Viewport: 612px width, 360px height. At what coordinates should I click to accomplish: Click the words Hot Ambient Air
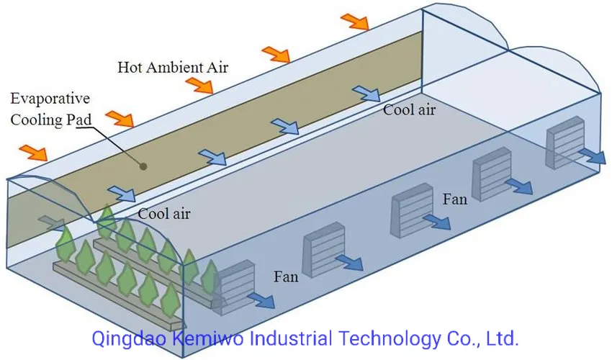[x=173, y=68]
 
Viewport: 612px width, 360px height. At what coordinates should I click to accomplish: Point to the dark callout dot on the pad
[x=144, y=166]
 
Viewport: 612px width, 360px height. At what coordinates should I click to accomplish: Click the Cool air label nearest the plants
[x=164, y=212]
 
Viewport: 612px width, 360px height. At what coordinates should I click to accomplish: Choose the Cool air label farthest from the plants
[x=409, y=110]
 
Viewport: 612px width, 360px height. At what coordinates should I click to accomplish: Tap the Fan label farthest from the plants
[x=455, y=199]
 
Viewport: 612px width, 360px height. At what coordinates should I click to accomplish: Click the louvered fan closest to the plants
[x=235, y=284]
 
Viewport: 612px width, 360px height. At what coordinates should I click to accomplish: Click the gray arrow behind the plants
[x=50, y=221]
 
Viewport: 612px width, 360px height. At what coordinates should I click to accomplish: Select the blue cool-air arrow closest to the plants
[x=121, y=194]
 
